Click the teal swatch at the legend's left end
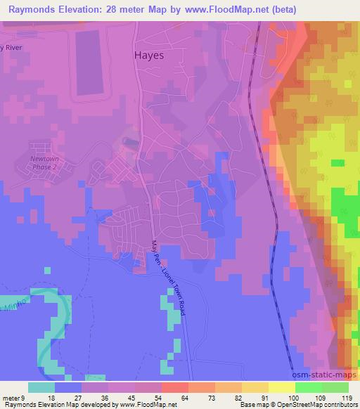click(x=41, y=387)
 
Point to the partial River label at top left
click(x=12, y=48)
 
